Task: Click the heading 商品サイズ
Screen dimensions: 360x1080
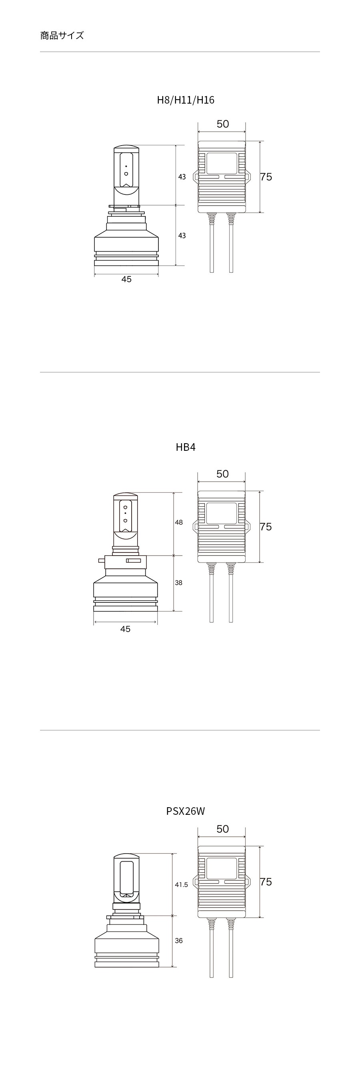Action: (x=62, y=36)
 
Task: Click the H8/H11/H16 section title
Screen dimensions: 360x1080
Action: (x=186, y=100)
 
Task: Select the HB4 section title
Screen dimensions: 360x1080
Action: (x=186, y=447)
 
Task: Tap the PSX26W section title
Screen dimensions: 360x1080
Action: (x=186, y=811)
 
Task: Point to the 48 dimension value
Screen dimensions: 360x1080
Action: (x=179, y=522)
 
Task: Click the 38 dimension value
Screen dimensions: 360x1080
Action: (x=179, y=583)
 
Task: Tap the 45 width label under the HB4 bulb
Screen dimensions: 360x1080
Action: (x=125, y=629)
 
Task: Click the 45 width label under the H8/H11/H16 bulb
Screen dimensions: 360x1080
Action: (x=126, y=279)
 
